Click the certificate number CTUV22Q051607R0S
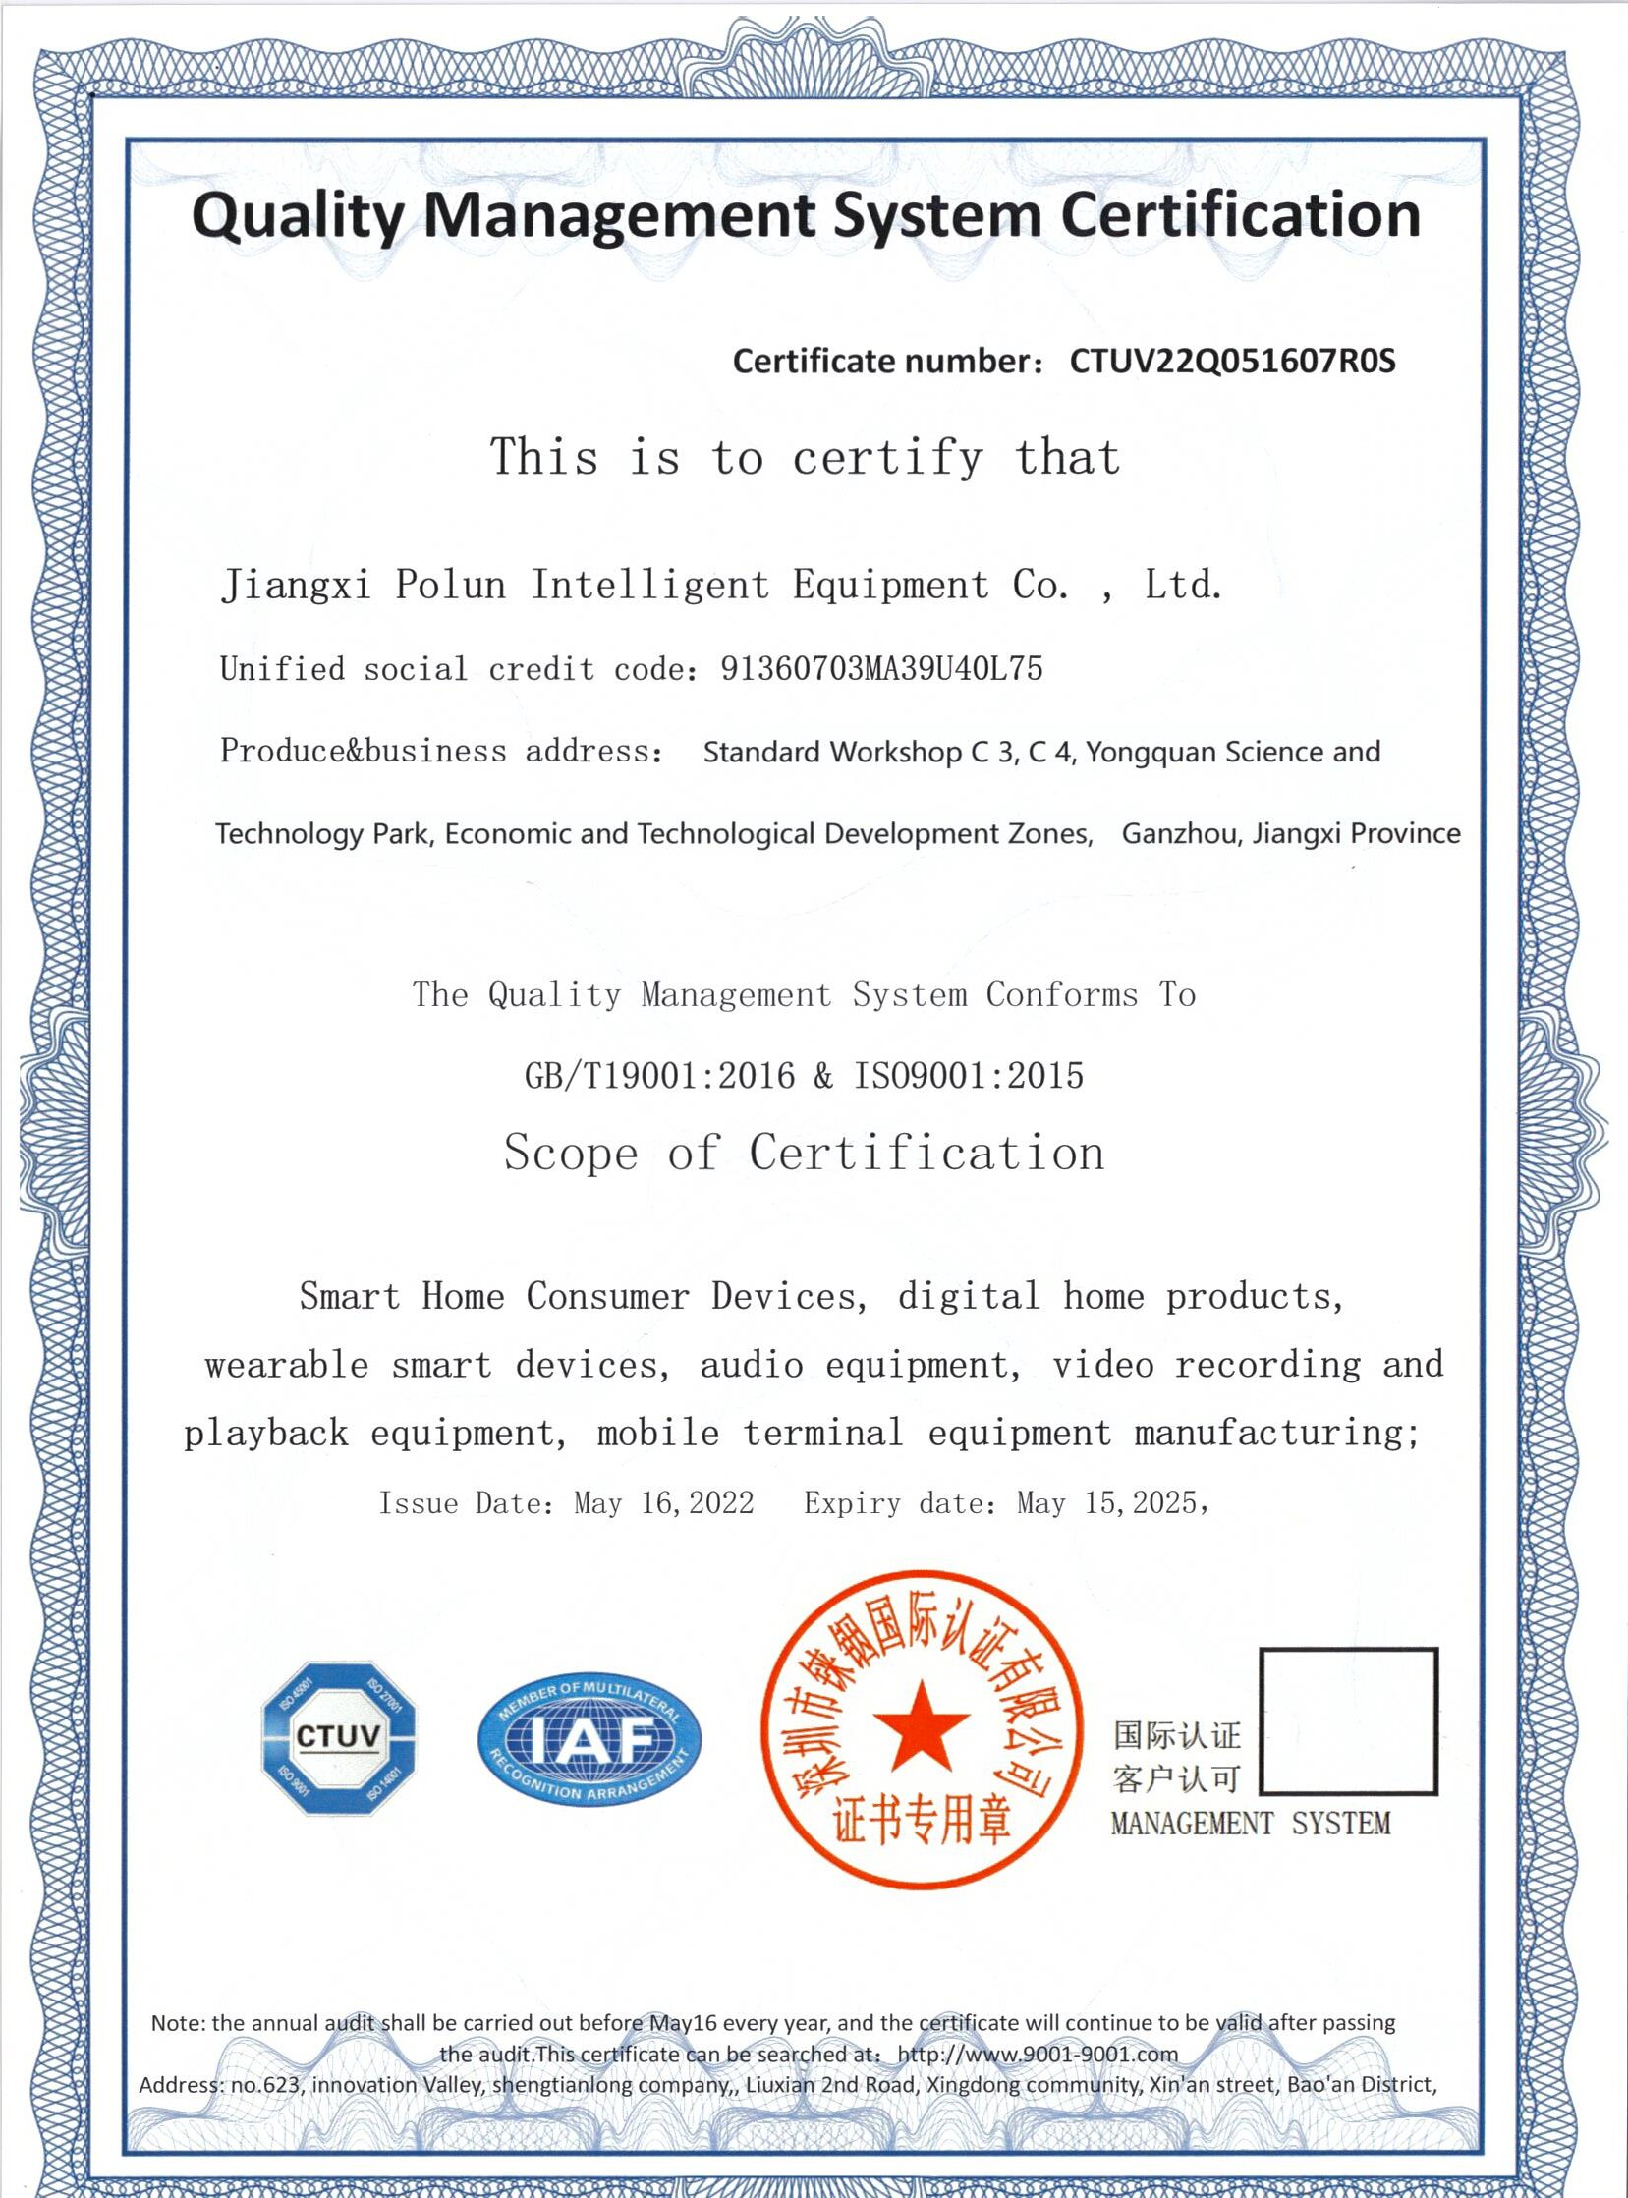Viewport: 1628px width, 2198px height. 1232,362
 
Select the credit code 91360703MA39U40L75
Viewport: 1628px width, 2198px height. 881,669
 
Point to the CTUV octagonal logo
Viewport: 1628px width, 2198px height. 338,1737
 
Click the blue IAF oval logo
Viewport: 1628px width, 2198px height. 589,1739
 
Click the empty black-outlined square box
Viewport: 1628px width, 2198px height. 1348,1720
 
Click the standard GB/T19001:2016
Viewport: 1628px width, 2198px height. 659,1075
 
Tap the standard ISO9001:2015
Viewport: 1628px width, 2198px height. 968,1075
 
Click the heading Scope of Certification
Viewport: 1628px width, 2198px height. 804,1153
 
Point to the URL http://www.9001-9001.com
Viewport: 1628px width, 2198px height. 1037,2055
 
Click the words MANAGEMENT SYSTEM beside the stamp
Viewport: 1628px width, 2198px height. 1250,1824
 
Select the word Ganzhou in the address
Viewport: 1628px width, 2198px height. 1179,834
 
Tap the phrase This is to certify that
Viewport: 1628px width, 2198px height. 804,457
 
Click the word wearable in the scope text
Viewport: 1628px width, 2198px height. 287,1365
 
